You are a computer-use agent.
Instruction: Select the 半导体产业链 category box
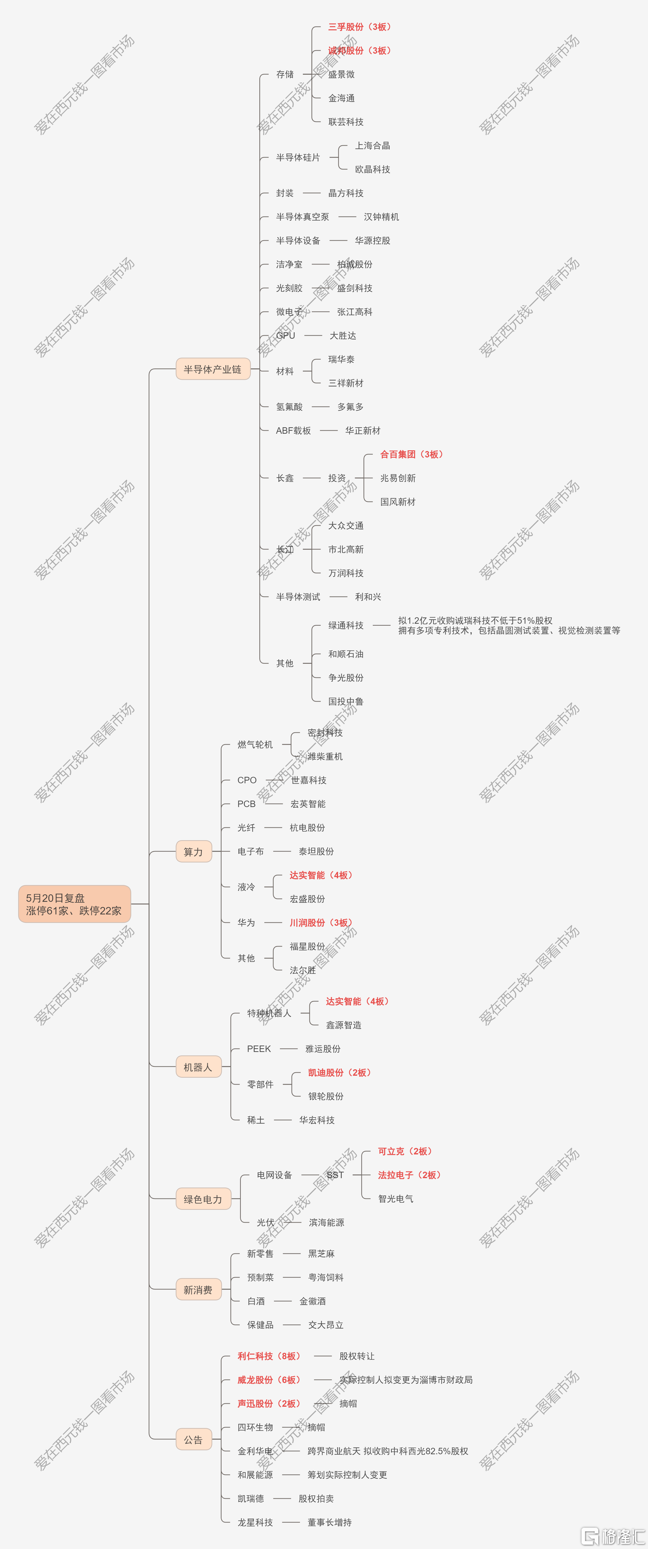tap(213, 369)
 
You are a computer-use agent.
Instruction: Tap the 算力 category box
tap(194, 852)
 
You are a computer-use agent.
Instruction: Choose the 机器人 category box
tap(198, 1067)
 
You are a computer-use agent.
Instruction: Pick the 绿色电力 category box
tap(203, 1199)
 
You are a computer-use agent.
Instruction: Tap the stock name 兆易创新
tap(398, 478)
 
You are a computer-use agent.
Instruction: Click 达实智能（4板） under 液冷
tap(321, 875)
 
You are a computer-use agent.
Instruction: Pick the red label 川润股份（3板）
tap(321, 922)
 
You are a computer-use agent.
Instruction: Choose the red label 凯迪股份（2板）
tap(340, 1072)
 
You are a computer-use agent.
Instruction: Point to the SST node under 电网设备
tap(335, 1174)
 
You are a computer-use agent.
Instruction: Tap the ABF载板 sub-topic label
tap(293, 430)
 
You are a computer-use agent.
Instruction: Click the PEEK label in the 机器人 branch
tap(259, 1049)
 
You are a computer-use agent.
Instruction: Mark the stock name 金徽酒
tap(313, 1301)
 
